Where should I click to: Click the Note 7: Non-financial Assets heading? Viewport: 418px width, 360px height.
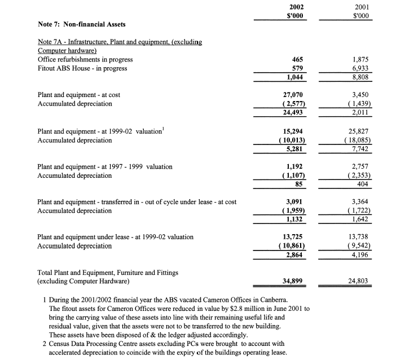[82, 24]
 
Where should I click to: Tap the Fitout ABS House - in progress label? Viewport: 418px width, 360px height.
[82, 68]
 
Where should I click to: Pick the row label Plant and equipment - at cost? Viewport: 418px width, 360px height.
[78, 95]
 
